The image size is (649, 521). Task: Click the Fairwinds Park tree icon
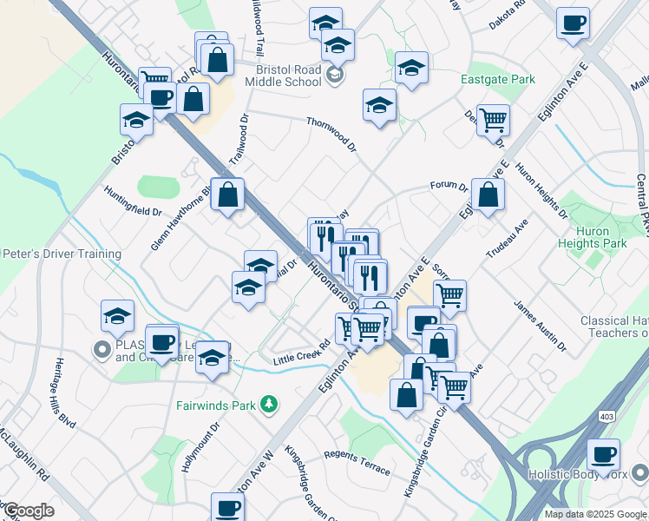point(269,404)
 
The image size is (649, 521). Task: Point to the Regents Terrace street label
point(357,462)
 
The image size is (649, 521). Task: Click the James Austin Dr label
point(540,326)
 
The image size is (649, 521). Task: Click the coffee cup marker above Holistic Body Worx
point(603,456)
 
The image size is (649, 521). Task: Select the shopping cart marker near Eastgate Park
point(493,120)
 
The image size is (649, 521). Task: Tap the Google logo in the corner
point(28,511)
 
